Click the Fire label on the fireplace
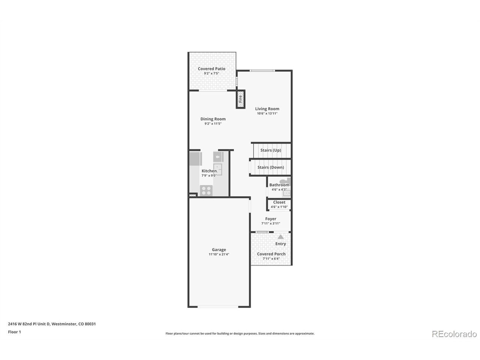[240, 99]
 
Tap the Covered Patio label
[211, 69]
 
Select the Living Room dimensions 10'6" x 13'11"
[267, 114]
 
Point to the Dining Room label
[213, 119]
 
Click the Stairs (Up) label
[271, 150]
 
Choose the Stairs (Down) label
[271, 167]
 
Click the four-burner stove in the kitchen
[206, 190]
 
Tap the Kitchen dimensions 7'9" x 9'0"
[209, 175]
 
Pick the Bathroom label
[279, 185]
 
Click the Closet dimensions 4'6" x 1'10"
[279, 207]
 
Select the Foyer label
[271, 219]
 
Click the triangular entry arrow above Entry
[280, 237]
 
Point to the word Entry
[280, 244]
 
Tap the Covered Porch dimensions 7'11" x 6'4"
[271, 259]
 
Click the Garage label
[219, 250]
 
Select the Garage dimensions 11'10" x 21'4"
[219, 254]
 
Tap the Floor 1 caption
[14, 332]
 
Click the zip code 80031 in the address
[90, 324]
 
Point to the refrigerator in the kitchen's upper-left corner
[195, 159]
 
